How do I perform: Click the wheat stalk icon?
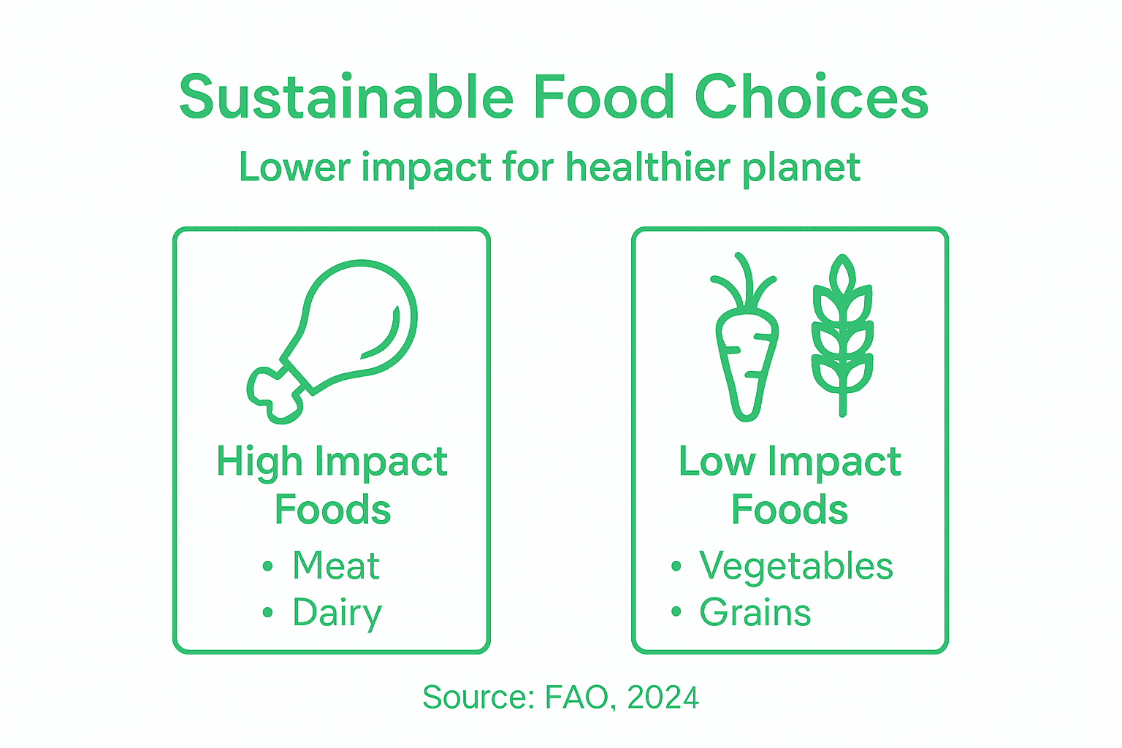click(x=842, y=336)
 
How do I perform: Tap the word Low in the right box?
click(x=717, y=462)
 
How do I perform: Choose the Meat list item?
click(x=336, y=565)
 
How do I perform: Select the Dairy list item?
click(x=337, y=613)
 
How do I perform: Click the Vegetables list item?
click(x=795, y=566)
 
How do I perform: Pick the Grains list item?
click(x=755, y=613)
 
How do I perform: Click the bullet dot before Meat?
click(x=267, y=566)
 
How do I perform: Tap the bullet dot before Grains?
click(x=676, y=613)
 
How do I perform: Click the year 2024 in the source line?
click(x=663, y=698)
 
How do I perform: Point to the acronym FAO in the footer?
click(x=576, y=698)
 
